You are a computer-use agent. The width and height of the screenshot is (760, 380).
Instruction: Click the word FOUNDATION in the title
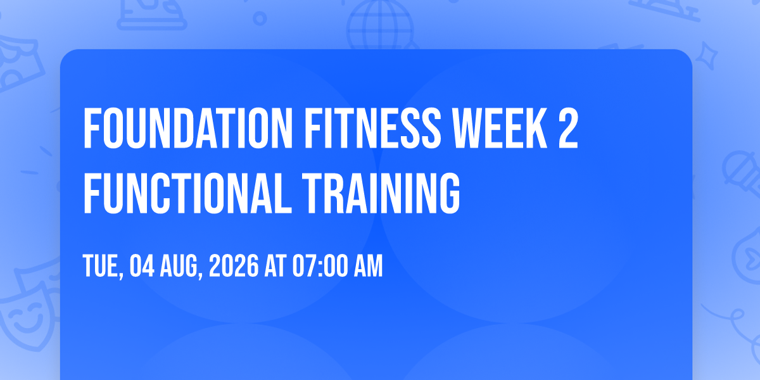click(x=187, y=128)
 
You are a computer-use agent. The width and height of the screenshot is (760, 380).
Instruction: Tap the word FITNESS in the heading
click(x=373, y=128)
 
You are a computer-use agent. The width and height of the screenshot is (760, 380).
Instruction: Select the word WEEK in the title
click(x=500, y=128)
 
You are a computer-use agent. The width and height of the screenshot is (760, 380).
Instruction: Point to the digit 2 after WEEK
click(x=568, y=128)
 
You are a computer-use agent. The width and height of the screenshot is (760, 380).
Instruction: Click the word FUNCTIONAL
click(x=187, y=193)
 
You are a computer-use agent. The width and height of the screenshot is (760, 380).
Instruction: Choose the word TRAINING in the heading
click(x=381, y=193)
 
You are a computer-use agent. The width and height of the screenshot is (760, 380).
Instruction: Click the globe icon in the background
click(x=380, y=25)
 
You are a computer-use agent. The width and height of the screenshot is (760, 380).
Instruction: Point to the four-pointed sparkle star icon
click(x=707, y=56)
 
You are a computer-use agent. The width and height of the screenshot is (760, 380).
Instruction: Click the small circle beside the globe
click(x=260, y=18)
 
